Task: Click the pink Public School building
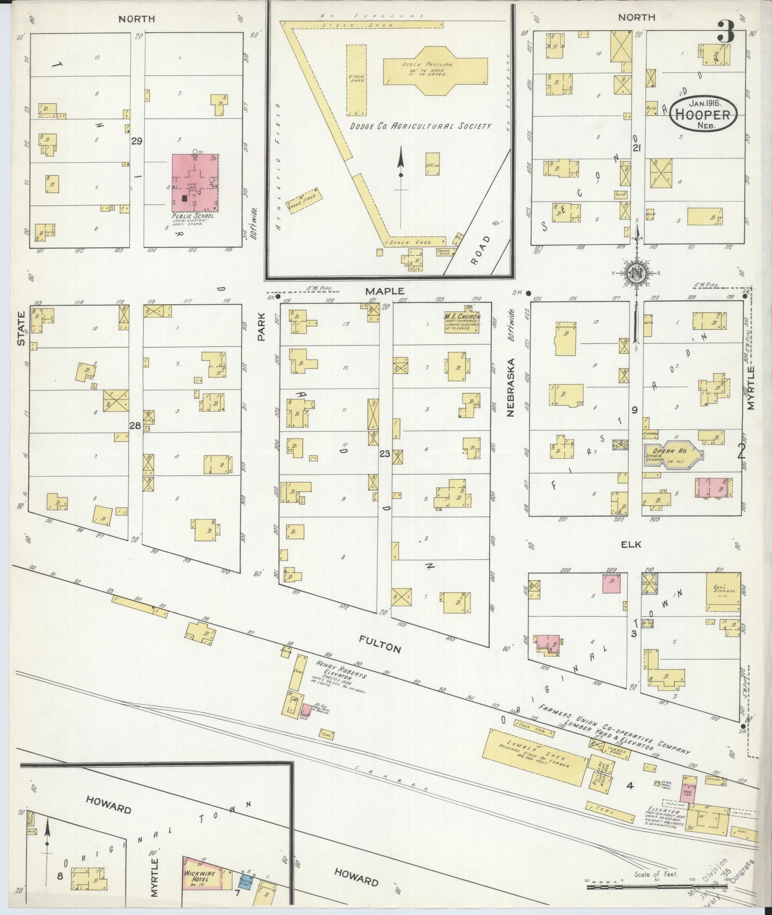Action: (194, 182)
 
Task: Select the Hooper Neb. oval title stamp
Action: (703, 114)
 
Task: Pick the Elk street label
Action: (631, 544)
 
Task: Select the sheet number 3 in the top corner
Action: (726, 34)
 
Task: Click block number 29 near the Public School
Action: (137, 141)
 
